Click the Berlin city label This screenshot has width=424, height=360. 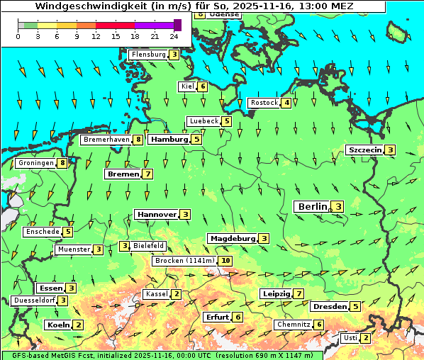(311, 206)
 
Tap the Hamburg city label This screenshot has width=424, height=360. (169, 140)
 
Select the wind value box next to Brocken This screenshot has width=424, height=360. (225, 261)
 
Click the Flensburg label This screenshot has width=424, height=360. (148, 54)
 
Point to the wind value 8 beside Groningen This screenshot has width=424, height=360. (62, 163)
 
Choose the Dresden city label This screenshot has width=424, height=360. (329, 307)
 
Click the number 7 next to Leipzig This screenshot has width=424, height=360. (299, 293)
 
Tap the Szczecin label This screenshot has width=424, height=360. (364, 150)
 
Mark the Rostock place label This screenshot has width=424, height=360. (264, 103)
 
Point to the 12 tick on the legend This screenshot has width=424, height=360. (96, 36)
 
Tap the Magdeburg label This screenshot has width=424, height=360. (232, 238)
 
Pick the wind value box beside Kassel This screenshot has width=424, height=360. (176, 294)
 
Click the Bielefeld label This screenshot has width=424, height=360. (149, 246)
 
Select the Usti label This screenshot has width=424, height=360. (350, 338)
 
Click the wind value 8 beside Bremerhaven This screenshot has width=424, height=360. (138, 140)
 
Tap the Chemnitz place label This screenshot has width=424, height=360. (294, 325)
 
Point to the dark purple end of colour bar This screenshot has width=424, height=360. (177, 25)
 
